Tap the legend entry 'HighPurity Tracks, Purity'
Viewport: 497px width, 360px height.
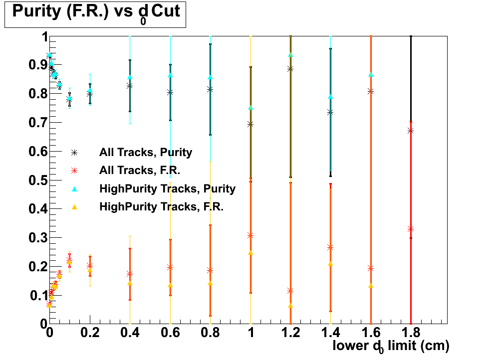[167, 188]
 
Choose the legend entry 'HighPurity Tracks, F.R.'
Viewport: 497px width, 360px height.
[161, 206]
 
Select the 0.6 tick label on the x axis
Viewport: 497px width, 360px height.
[170, 332]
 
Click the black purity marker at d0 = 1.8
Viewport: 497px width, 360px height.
[411, 131]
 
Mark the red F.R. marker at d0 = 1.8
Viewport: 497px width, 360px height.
[411, 229]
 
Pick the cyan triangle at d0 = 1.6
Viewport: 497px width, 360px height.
[371, 75]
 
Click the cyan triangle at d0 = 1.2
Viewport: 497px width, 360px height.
[290, 55]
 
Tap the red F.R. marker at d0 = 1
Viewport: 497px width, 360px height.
[250, 235]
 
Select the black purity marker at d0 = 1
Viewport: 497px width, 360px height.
[250, 124]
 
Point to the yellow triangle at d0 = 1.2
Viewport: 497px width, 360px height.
[290, 306]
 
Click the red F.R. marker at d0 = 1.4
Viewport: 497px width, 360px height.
[330, 247]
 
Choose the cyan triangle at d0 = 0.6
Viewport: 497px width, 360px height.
[170, 75]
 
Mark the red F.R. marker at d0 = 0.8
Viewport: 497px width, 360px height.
[210, 270]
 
